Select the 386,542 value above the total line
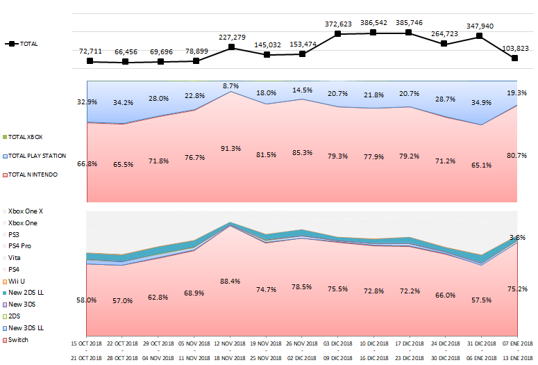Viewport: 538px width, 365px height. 373,23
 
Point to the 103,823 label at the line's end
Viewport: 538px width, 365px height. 515,48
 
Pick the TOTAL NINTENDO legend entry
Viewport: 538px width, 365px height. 33,175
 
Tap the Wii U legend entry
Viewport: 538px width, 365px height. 17,282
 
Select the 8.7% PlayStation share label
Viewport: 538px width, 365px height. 230,86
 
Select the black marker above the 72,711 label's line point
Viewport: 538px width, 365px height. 90,61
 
